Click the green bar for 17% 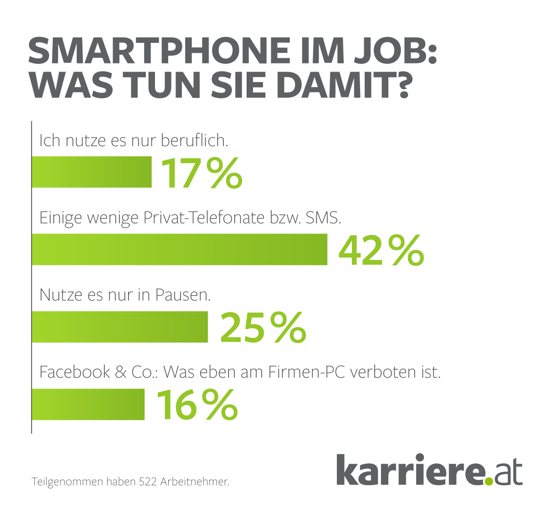coord(92,172)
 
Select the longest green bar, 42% coord(180,249)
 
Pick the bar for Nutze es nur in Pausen coord(120,327)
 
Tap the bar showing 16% coord(88,404)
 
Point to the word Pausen coord(182,295)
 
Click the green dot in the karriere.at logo coord(489,480)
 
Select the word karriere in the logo coord(410,470)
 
